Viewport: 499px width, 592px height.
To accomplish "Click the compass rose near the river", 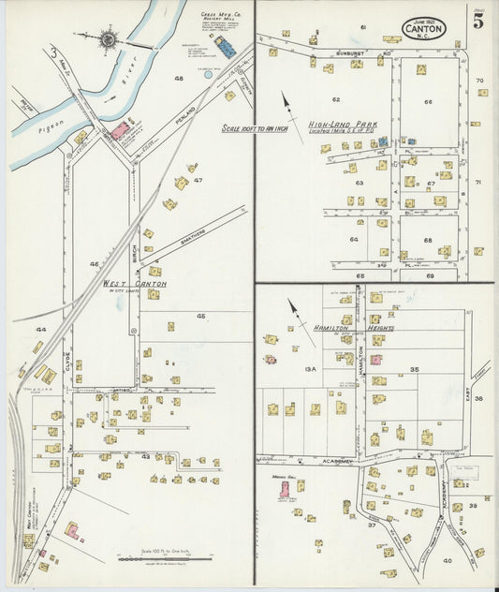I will point(109,39).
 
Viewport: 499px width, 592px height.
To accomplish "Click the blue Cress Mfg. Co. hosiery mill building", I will point(226,47).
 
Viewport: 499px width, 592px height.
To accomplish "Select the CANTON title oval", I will point(424,29).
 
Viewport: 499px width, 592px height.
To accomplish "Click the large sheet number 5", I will point(477,22).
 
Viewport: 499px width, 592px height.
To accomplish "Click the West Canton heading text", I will point(135,283).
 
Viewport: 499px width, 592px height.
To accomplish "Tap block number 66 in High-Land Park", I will point(428,102).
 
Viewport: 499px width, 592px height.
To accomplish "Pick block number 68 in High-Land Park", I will point(428,240).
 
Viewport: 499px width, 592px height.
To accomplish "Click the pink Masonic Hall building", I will point(284,489).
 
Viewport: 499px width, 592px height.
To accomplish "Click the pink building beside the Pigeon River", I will point(120,131).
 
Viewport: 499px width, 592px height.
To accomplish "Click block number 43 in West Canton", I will point(145,456).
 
